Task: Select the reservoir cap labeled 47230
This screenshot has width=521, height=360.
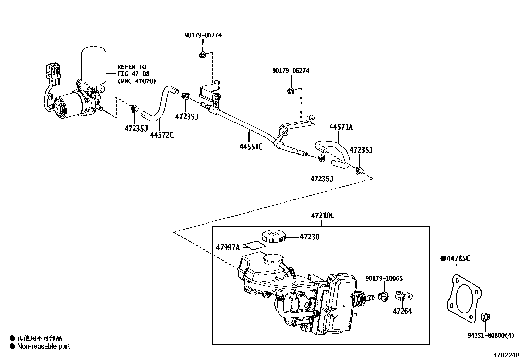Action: click(273, 236)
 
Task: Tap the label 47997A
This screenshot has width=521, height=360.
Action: click(227, 247)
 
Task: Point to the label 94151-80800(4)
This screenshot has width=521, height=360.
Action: click(491, 335)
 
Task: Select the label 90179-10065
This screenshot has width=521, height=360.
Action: click(384, 279)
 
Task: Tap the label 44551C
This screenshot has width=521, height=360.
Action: click(251, 146)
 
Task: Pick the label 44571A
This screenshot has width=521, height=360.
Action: click(341, 127)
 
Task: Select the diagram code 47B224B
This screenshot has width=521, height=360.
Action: click(506, 355)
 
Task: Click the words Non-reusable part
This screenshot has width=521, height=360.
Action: click(44, 346)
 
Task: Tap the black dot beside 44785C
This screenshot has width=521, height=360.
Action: click(443, 259)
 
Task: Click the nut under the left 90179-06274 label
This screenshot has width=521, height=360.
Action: click(202, 55)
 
